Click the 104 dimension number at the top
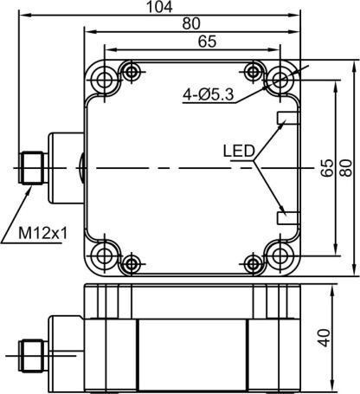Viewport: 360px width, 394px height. [160, 7]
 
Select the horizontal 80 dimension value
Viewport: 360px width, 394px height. [192, 23]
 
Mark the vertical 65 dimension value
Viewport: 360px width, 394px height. [327, 166]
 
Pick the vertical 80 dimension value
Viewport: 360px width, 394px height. [346, 166]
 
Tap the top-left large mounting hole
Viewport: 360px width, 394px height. [105, 80]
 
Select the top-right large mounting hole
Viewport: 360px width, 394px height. [280, 80]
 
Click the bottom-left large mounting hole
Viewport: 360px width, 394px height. [105, 254]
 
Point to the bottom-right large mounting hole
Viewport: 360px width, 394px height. [280, 254]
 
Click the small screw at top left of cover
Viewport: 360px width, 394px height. [130, 69]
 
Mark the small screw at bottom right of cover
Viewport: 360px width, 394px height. [253, 263]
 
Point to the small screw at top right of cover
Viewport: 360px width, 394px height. [253, 69]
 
